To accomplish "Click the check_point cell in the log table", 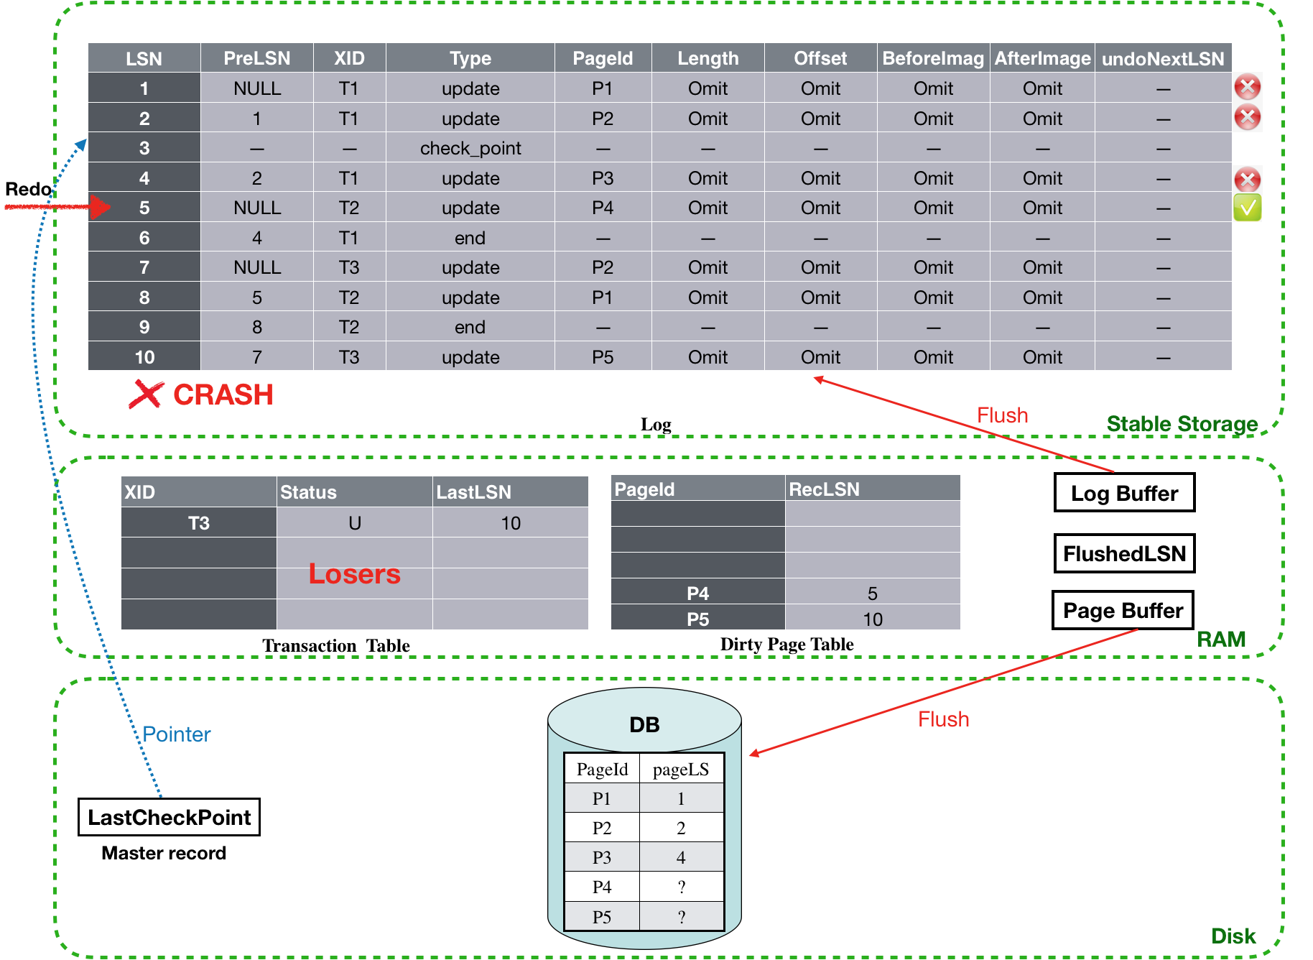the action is point(470,148).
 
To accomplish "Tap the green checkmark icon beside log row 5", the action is point(1248,208).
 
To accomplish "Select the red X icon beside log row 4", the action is point(1248,180).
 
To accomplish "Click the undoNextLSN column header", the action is point(1163,58).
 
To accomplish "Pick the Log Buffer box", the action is point(1124,493).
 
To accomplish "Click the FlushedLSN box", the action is point(1124,553).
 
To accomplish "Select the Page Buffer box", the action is point(1123,610).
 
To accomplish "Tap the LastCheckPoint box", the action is point(169,817).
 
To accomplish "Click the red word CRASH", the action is point(223,394).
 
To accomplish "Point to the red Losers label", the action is point(354,573).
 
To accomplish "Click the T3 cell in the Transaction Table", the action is point(199,523).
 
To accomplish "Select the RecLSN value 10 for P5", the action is point(873,619).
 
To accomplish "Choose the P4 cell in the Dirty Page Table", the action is point(698,593).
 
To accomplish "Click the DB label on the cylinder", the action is point(644,724).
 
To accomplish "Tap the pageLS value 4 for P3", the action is point(681,857).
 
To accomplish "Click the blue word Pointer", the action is point(177,734).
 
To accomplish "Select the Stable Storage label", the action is point(1182,424).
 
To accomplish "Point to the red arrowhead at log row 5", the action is point(101,208).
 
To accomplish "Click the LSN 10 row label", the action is point(144,357).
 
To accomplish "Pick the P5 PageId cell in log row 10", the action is point(603,357).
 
